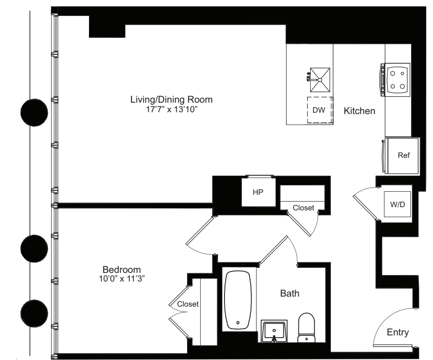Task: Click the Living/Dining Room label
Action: (172, 99)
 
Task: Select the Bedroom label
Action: (121, 269)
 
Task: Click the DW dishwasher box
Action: (319, 110)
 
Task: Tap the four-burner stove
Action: (396, 79)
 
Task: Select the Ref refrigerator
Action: (404, 156)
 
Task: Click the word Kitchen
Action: (359, 111)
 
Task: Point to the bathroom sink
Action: (274, 331)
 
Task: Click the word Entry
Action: (398, 333)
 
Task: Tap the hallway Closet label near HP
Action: (303, 208)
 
